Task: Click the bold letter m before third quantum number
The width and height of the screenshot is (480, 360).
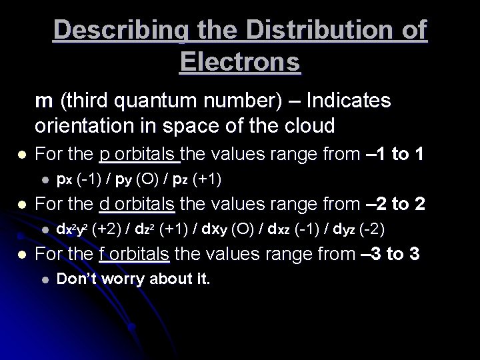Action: [44, 101]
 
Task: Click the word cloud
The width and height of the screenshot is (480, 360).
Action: [309, 125]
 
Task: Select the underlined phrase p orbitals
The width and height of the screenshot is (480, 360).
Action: [139, 155]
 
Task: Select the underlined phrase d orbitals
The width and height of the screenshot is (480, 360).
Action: [139, 203]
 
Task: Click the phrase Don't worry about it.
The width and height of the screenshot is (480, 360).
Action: [133, 279]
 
